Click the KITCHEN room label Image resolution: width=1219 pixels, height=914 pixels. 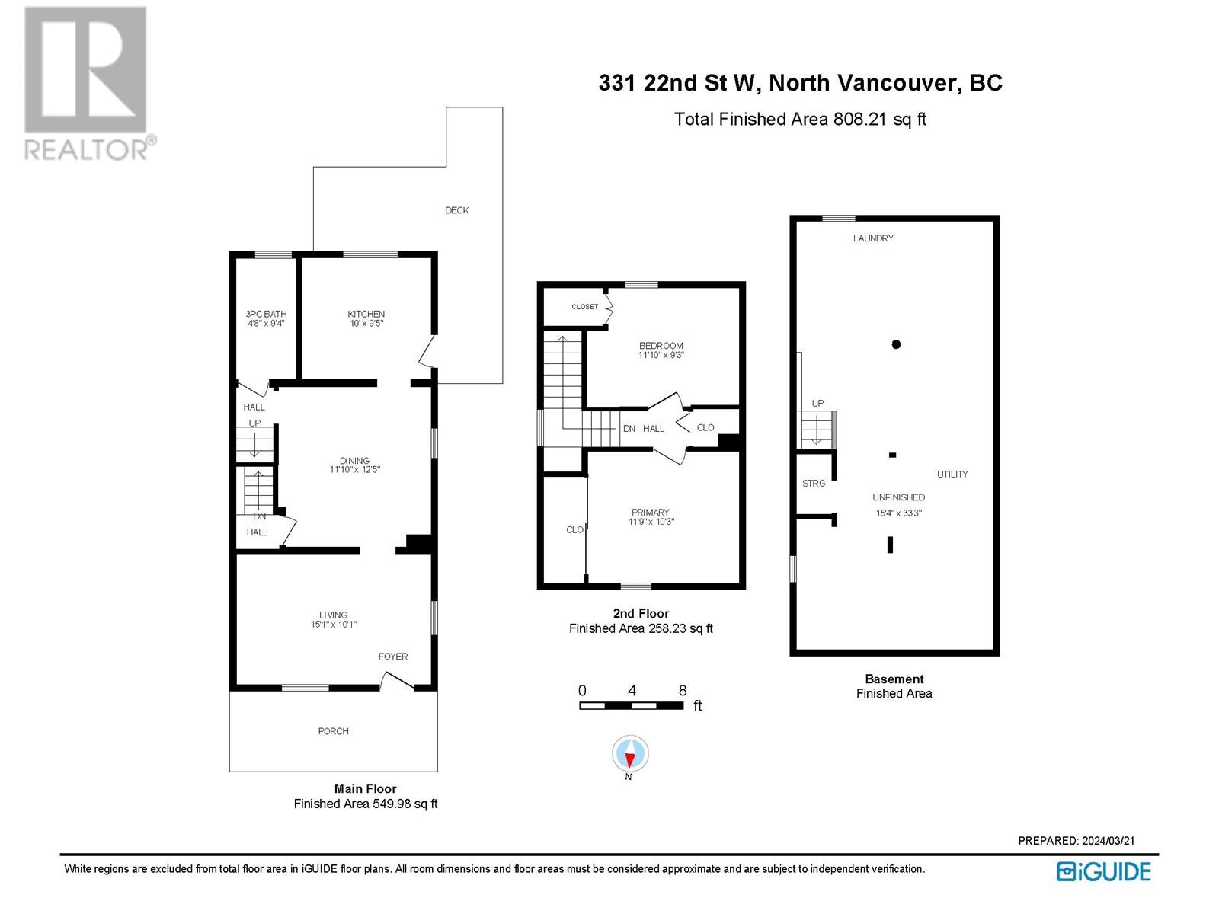(366, 314)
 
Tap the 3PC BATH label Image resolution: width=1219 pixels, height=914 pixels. (266, 314)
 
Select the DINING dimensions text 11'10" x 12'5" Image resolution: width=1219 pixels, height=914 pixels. (354, 470)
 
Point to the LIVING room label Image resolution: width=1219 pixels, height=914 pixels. (333, 615)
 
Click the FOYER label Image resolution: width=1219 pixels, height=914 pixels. (393, 657)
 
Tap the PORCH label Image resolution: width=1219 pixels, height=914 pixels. (333, 731)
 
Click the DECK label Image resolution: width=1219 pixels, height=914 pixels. (456, 210)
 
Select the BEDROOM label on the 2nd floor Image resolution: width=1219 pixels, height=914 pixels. (661, 346)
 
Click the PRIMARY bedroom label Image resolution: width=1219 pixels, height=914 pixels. (650, 513)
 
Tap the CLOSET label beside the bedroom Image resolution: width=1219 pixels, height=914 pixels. (584, 307)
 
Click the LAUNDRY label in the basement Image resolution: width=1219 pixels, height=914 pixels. (873, 238)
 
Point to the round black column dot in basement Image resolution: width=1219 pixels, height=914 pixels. (896, 344)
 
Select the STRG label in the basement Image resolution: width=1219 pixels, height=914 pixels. (814, 484)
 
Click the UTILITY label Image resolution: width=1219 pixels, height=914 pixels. (952, 475)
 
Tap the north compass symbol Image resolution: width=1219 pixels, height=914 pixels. (629, 756)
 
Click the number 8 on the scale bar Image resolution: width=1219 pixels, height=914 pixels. (682, 690)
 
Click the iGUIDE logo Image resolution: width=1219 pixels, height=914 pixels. (1103, 871)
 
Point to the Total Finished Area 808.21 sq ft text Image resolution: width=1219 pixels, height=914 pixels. (800, 120)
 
